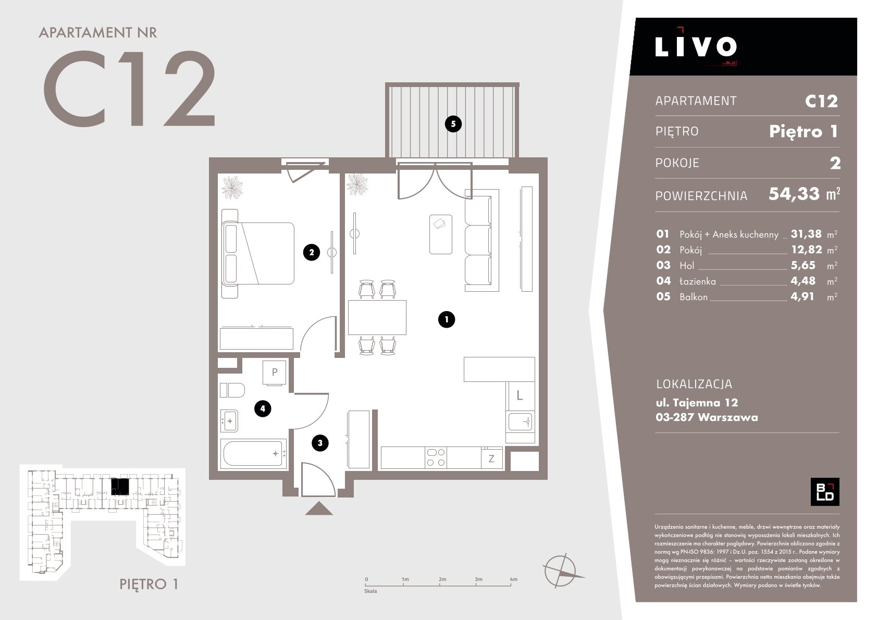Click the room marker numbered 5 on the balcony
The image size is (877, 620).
pyautogui.click(x=453, y=124)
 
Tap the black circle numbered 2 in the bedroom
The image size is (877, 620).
pyautogui.click(x=311, y=253)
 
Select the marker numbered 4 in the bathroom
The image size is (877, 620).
pyautogui.click(x=263, y=408)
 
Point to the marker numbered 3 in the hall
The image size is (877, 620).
pyautogui.click(x=320, y=443)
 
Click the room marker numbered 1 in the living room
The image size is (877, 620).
pyautogui.click(x=447, y=319)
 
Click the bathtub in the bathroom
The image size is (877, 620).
pyautogui.click(x=254, y=454)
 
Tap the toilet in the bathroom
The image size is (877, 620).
pyautogui.click(x=232, y=390)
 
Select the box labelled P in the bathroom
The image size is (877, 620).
pyautogui.click(x=274, y=373)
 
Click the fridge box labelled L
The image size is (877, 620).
pyautogui.click(x=520, y=396)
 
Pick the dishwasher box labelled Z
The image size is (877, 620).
pyautogui.click(x=492, y=458)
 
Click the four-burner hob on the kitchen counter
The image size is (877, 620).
pyautogui.click(x=436, y=457)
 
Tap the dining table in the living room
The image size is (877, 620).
pyautogui.click(x=377, y=317)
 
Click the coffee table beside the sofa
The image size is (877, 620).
pyautogui.click(x=440, y=234)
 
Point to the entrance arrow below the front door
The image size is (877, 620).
pyautogui.click(x=319, y=509)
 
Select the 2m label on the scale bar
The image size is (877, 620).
pyautogui.click(x=442, y=579)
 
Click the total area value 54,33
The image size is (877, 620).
pyautogui.click(x=794, y=194)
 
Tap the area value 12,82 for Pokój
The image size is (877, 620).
pyautogui.click(x=807, y=250)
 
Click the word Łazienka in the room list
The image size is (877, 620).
pyautogui.click(x=697, y=281)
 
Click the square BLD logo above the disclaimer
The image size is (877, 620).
pyautogui.click(x=825, y=492)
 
